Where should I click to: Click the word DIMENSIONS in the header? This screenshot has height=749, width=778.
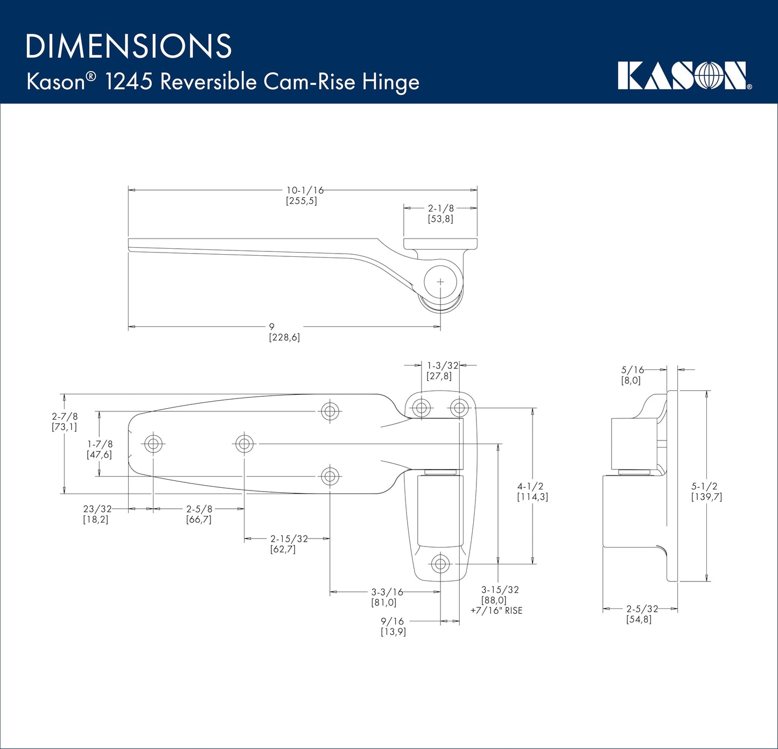[x=128, y=46]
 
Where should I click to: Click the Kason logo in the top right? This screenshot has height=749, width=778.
[x=684, y=76]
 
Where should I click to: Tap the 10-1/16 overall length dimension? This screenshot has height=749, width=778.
[x=305, y=191]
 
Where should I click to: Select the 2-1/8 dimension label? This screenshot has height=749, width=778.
[x=440, y=208]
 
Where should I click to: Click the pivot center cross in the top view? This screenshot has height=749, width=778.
[x=440, y=282]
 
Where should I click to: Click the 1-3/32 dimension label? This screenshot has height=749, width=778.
[x=443, y=366]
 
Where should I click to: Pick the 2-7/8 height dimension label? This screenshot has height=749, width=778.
[x=65, y=417]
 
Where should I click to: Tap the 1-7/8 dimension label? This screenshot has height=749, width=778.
[x=100, y=444]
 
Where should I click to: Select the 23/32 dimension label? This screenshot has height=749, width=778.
[x=97, y=509]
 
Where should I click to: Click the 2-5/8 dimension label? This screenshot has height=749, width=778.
[x=199, y=509]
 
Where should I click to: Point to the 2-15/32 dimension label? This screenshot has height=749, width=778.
[x=289, y=539]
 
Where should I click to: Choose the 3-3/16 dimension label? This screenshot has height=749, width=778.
[x=387, y=592]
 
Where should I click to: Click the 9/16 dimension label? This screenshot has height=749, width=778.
[x=393, y=621]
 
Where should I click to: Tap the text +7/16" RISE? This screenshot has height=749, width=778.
[x=496, y=611]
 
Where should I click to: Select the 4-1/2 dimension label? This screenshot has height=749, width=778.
[x=530, y=486]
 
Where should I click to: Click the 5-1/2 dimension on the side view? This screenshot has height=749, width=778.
[x=704, y=486]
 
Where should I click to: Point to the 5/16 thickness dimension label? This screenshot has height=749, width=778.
[x=632, y=370]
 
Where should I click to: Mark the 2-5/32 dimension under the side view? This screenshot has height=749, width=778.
[x=642, y=609]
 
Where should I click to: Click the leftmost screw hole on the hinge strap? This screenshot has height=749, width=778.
[x=153, y=444]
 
